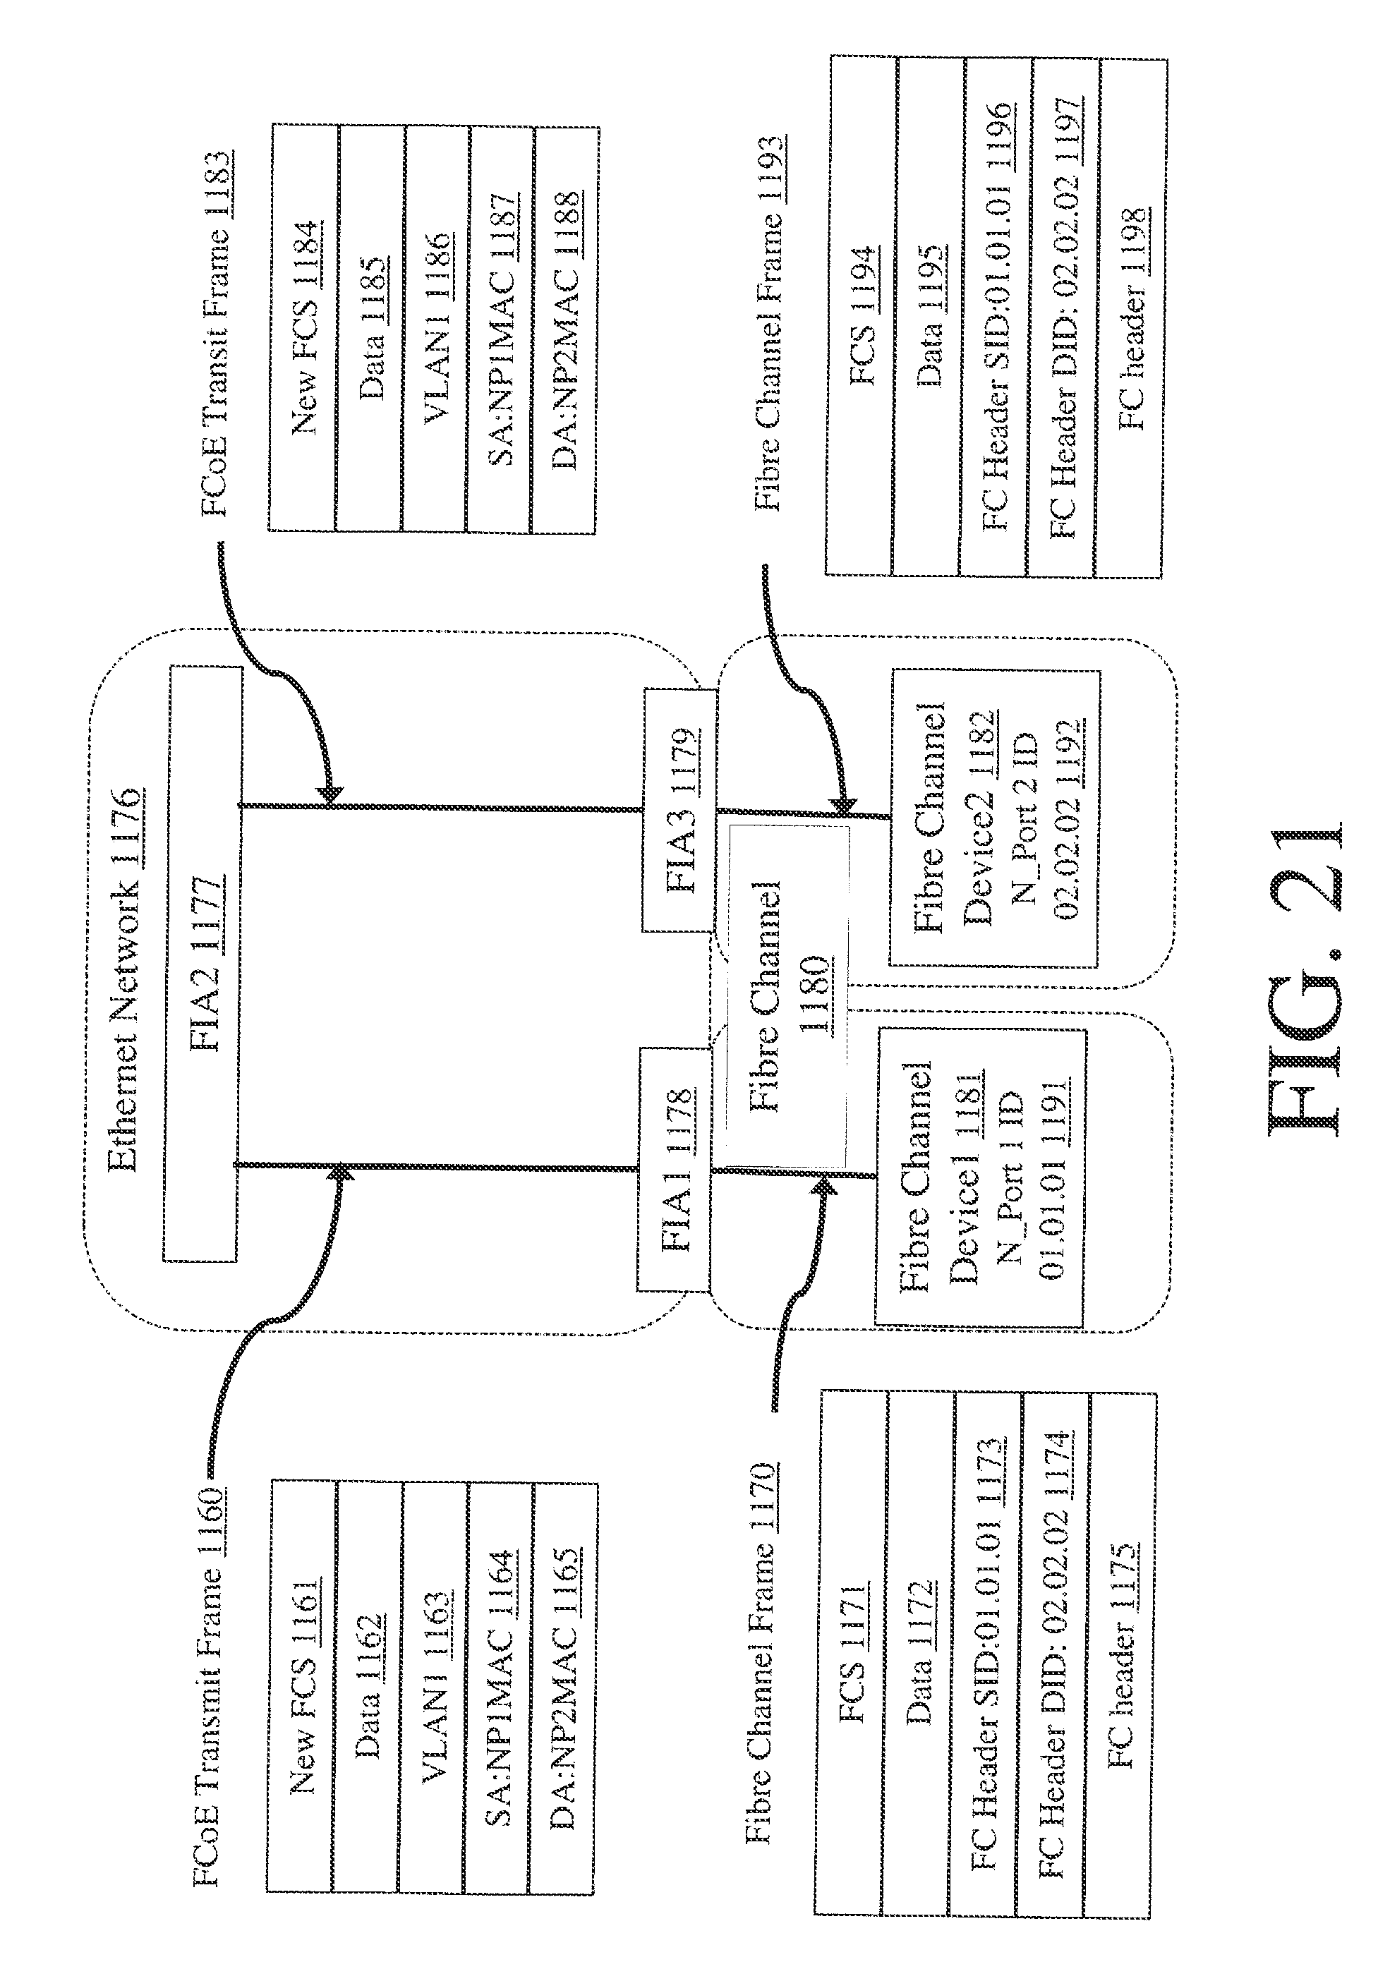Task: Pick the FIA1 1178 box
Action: pyautogui.click(x=674, y=1168)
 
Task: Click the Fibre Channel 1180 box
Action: pyautogui.click(x=787, y=995)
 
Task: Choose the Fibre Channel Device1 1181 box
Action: pyautogui.click(x=980, y=1174)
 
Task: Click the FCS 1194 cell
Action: pyautogui.click(x=860, y=315)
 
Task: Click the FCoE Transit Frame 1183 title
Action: pyautogui.click(x=215, y=332)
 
